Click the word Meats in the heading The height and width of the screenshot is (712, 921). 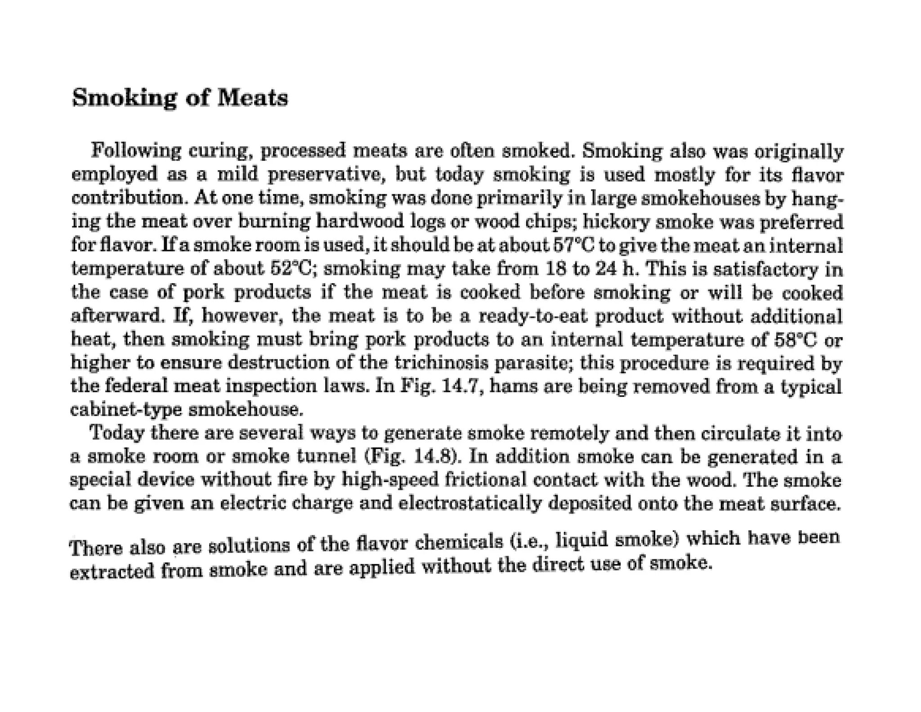(x=252, y=98)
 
